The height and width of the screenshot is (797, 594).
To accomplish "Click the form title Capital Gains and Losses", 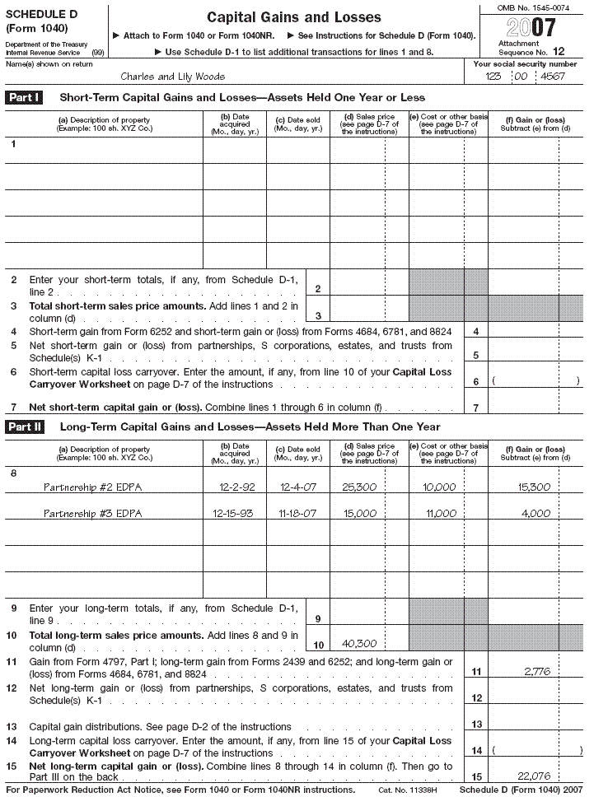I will [293, 17].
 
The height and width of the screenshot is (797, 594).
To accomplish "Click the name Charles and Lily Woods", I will [173, 77].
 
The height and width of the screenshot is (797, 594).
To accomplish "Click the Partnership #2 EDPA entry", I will [92, 487].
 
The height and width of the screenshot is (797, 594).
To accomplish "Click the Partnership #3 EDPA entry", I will [92, 514].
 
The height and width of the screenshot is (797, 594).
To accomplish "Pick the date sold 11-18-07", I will [298, 514].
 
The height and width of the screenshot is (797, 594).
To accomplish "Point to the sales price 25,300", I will [359, 487].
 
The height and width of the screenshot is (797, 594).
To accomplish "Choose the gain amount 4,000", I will [536, 514].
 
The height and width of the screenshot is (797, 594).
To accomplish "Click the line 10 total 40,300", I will [359, 645].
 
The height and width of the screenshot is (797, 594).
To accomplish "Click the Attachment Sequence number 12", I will [559, 52].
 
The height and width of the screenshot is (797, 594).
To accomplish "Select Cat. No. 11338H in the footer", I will [407, 790].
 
